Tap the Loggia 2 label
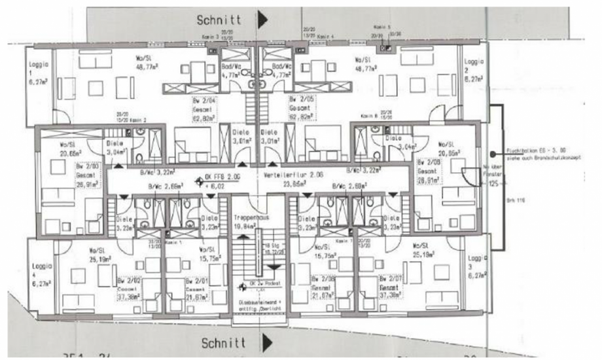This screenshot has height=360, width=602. click(474, 64)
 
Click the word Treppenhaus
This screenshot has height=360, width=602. click(246, 215)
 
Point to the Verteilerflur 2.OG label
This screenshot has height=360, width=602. click(285, 175)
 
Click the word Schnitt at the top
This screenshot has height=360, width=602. click(221, 20)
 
